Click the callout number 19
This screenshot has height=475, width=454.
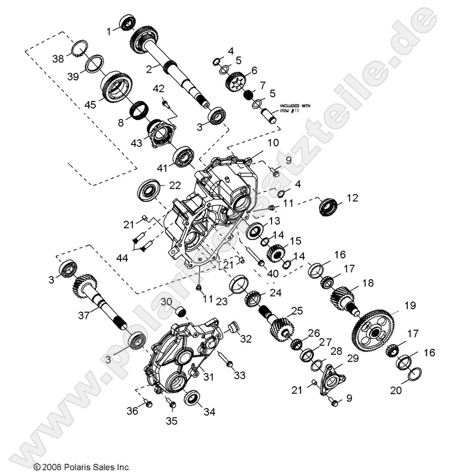pos(409,306)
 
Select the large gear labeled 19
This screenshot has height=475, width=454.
pos(374,330)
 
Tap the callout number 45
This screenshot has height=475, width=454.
pos(90,104)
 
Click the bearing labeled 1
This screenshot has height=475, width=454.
pos(128,23)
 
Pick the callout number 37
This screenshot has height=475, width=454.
pos(85,315)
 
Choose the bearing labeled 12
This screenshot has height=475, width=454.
pos(328,206)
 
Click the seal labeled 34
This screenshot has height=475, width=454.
pos(193,398)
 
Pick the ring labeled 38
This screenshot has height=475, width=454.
pos(80,47)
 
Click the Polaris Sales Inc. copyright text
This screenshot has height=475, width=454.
pos(82,466)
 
